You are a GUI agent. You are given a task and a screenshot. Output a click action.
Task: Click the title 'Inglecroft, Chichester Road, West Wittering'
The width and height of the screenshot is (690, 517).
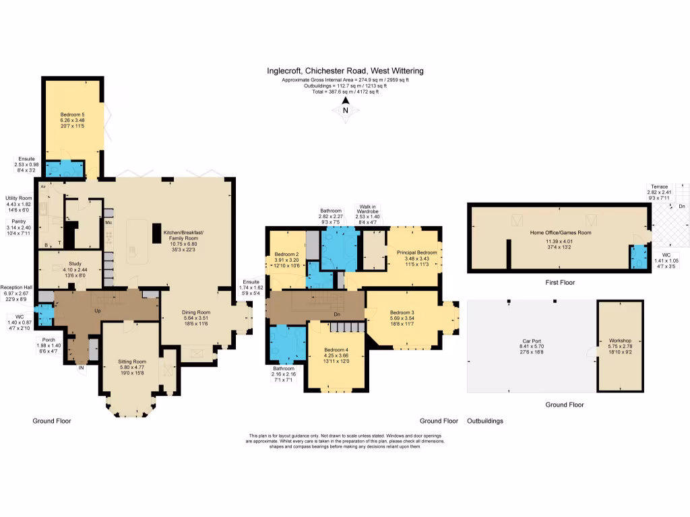click(345, 71)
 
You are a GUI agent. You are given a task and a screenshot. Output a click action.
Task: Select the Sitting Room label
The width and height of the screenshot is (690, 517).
click(131, 368)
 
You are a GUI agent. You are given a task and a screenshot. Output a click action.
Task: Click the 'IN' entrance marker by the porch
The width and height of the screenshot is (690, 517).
click(81, 368)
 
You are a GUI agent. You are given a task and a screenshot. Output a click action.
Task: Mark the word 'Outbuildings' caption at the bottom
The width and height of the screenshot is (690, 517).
click(485, 421)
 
